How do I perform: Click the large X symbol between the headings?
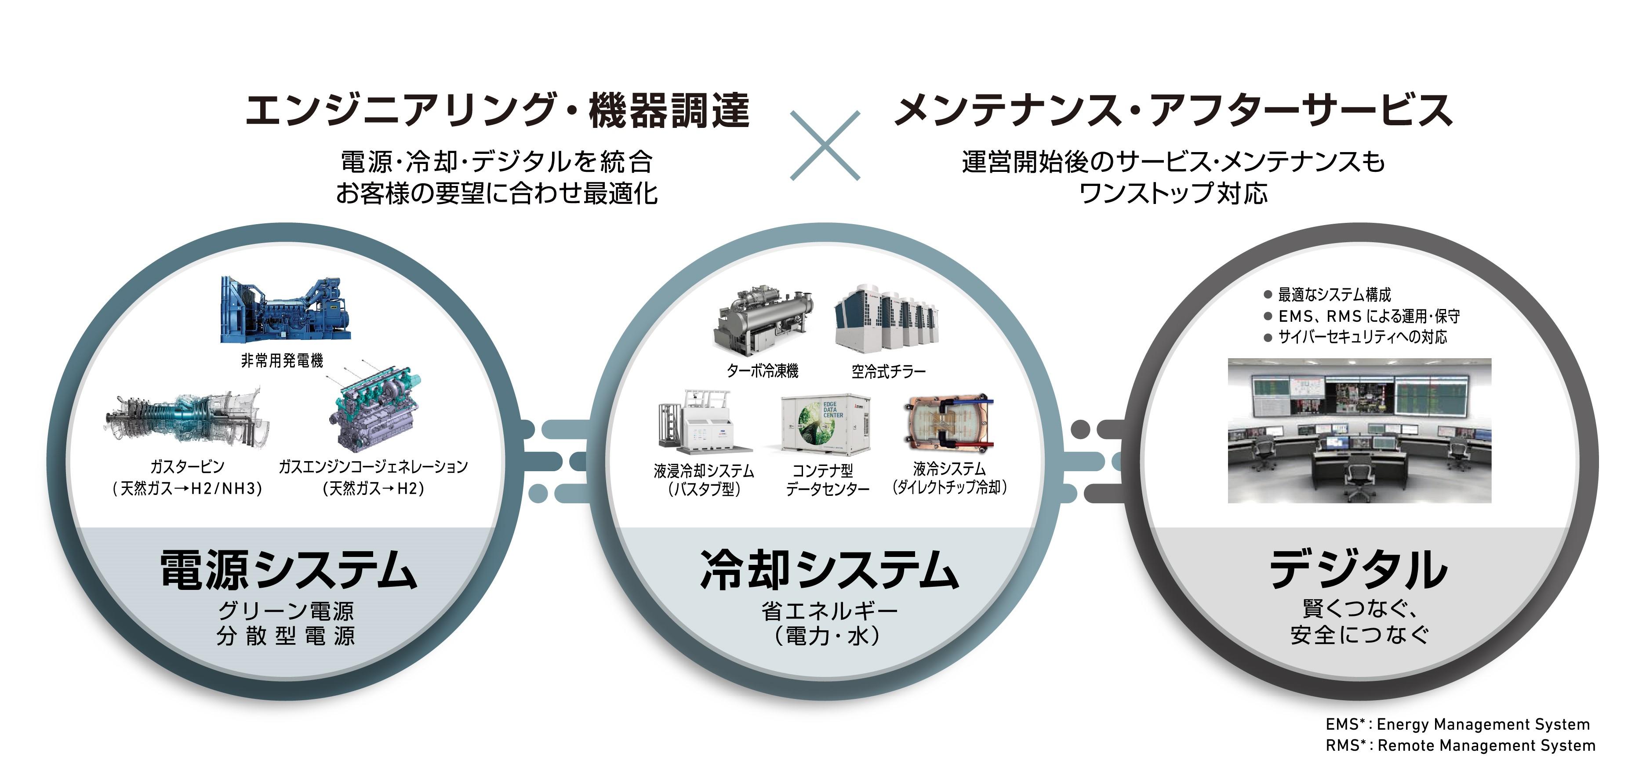825,146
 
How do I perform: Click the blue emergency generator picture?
286,310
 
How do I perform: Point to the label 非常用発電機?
282,361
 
